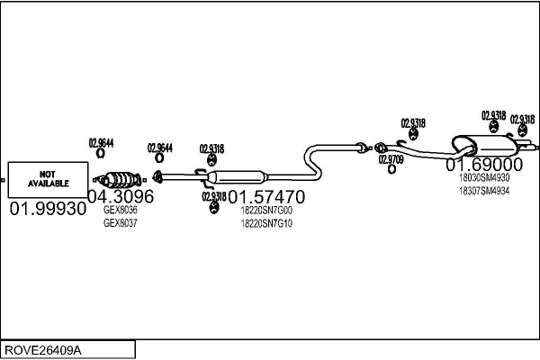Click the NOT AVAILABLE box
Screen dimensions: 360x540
tap(47, 178)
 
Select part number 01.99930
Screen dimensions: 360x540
tap(48, 209)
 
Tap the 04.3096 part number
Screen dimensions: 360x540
tap(121, 196)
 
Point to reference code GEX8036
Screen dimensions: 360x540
tap(121, 210)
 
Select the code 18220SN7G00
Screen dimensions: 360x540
tap(266, 210)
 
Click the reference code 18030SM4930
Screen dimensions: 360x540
tap(484, 178)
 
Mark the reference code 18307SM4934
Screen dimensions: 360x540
tap(484, 191)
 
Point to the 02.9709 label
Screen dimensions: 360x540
tap(390, 159)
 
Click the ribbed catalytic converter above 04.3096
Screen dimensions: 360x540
tap(121, 176)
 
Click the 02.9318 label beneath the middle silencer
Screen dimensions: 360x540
tap(214, 195)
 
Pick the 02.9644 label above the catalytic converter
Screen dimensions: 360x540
tap(101, 141)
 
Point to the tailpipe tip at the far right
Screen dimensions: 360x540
tap(533, 145)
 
